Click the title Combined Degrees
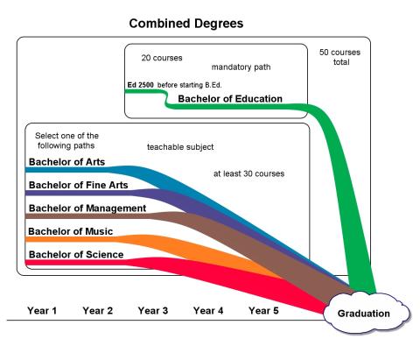coord(186,24)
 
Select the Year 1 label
coord(42,311)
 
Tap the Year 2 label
coord(97,311)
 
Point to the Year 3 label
coord(153,311)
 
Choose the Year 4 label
coord(208,311)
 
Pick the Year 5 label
coord(263,311)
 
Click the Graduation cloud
coord(367,313)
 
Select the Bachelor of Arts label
coord(66,162)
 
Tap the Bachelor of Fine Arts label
coord(79,185)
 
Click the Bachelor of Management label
coord(87,208)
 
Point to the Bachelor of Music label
coord(70,231)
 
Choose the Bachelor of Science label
coord(76,255)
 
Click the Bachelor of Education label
coord(230,99)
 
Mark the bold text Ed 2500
coord(140,85)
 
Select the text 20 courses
coord(162,58)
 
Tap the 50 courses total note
coord(340,57)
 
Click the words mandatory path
coord(241,67)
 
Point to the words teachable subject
coord(180,147)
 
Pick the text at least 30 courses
coord(248,173)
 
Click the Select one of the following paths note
coord(66,141)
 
